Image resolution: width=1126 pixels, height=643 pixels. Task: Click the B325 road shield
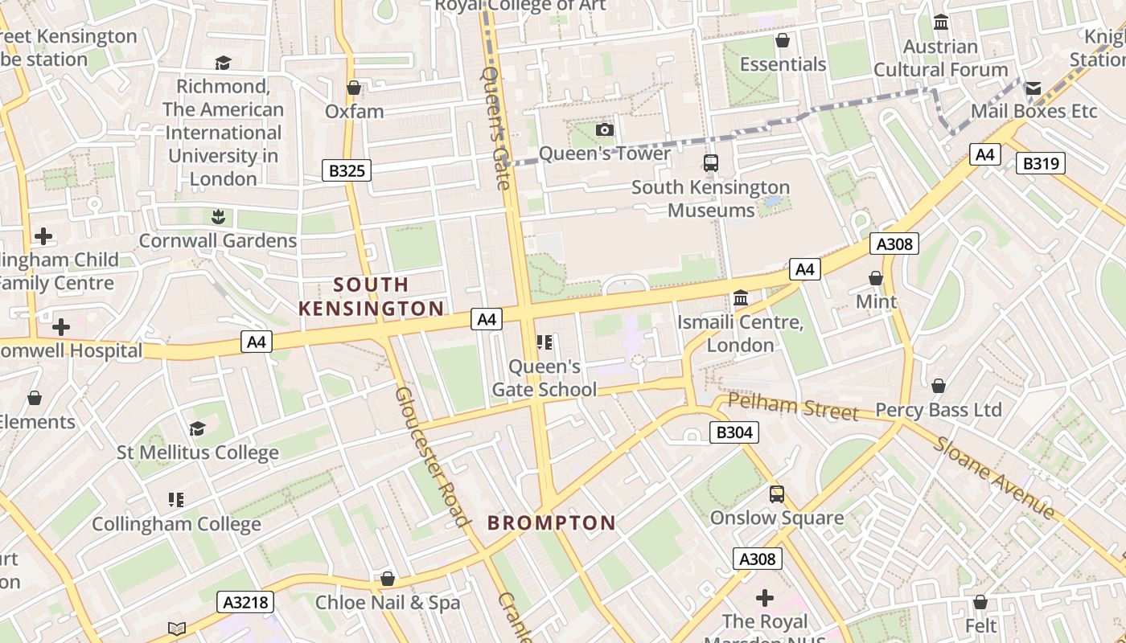(x=347, y=170)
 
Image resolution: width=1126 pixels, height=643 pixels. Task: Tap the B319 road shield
(x=1041, y=164)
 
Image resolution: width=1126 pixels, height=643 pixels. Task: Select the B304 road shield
(x=734, y=432)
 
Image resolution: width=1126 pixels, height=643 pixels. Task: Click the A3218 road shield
(x=245, y=602)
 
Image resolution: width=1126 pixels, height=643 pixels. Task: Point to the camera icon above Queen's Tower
(x=605, y=129)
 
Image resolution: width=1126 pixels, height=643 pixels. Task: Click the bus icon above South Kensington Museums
(x=711, y=163)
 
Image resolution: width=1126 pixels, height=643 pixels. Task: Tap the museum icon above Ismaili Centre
(x=741, y=298)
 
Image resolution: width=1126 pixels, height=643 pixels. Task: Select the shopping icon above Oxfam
(x=354, y=88)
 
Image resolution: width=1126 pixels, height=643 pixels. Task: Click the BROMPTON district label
(x=552, y=523)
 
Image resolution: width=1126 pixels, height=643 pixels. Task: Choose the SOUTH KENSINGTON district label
(x=371, y=297)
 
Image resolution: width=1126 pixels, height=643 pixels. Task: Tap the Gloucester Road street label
(x=432, y=457)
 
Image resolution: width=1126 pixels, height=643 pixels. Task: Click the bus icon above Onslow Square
(x=777, y=494)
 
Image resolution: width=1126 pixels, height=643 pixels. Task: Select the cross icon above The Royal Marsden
(x=765, y=598)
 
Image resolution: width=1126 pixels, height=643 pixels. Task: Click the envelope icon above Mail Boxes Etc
(x=1034, y=88)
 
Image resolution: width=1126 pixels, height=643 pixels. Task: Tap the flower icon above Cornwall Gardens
(x=217, y=216)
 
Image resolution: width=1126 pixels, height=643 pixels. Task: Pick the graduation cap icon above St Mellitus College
(x=198, y=428)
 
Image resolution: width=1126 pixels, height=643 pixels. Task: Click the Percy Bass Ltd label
(x=938, y=410)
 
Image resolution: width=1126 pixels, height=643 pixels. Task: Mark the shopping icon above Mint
(x=876, y=278)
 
